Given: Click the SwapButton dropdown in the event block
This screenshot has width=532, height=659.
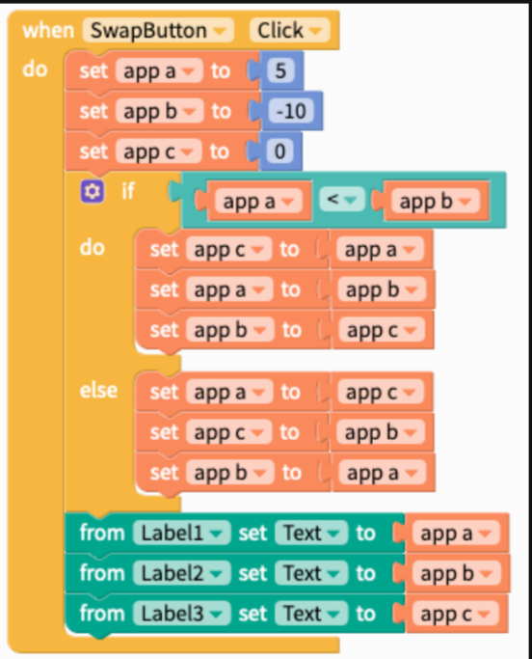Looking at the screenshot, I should (159, 30).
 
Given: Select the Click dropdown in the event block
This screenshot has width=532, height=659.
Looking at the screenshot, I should (288, 30).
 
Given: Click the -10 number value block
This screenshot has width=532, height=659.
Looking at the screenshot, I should (289, 111).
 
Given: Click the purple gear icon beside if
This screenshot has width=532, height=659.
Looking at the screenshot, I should (92, 191).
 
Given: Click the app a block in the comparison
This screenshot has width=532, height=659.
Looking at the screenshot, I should (256, 201).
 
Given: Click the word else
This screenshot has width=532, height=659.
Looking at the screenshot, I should (98, 390).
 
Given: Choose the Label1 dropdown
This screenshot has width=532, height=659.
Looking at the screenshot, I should (179, 533).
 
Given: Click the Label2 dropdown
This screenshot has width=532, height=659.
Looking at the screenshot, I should (181, 573).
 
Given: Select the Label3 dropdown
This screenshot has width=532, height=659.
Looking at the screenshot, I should (181, 613).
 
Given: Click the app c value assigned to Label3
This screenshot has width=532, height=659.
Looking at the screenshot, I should (454, 614).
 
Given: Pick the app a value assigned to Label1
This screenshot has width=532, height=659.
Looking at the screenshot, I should (454, 533).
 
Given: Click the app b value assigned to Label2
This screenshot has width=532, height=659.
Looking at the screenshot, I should (454, 573).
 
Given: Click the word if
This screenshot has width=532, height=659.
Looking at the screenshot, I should (127, 191).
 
